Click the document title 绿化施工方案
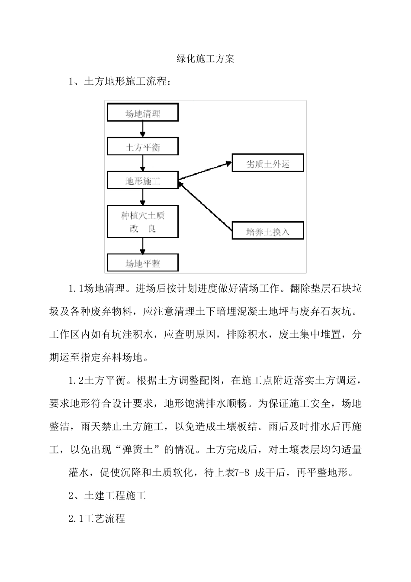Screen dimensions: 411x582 tap(205, 59)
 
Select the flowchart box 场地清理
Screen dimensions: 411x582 tap(143, 113)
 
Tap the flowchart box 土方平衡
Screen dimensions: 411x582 tap(143, 147)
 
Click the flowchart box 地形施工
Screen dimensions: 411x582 tap(143, 181)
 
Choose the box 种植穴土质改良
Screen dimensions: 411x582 tap(143, 221)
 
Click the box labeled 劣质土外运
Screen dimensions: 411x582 tap(267, 163)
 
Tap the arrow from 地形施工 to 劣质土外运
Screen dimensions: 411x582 tap(204, 170)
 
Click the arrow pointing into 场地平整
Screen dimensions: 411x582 tap(143, 246)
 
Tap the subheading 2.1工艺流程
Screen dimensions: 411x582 tap(97, 518)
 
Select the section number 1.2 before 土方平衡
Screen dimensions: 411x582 tap(76, 381)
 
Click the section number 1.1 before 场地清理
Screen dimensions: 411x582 tap(76, 289)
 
